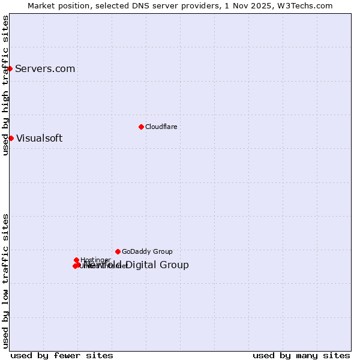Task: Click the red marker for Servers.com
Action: pyautogui.click(x=10, y=68)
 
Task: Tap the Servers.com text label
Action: pyautogui.click(x=45, y=68)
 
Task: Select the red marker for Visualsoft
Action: pyautogui.click(x=11, y=138)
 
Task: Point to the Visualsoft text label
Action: pyautogui.click(x=39, y=138)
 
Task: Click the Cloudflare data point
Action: pyautogui.click(x=141, y=127)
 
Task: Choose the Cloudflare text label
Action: pyautogui.click(x=161, y=127)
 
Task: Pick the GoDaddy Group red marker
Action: pyautogui.click(x=118, y=251)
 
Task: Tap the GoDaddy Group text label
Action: pyautogui.click(x=147, y=251)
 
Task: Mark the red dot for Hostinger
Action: pyautogui.click(x=76, y=260)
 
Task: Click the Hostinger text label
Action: pyautogui.click(x=95, y=260)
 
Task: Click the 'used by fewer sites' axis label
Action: pyautogui.click(x=62, y=355)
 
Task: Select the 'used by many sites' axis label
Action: pyautogui.click(x=301, y=355)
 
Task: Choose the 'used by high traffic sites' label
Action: pyautogui.click(x=5, y=85)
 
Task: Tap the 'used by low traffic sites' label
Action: pyautogui.click(x=5, y=281)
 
